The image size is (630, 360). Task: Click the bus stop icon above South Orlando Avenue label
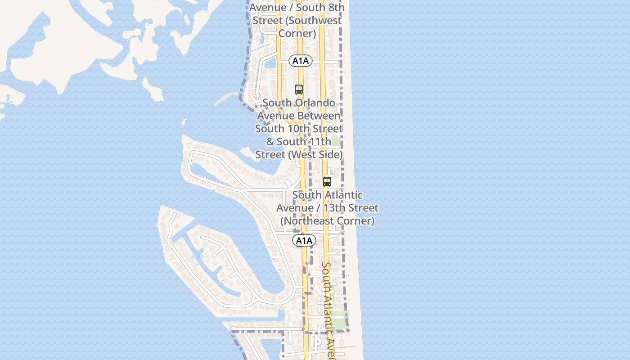click(299, 89)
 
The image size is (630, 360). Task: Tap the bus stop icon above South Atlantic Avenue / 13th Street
click(327, 182)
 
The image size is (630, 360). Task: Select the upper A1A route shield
click(301, 61)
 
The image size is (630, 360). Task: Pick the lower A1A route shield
click(304, 241)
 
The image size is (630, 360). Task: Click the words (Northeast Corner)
click(327, 221)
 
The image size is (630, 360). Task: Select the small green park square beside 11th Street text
click(336, 142)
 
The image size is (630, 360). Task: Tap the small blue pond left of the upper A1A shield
click(271, 64)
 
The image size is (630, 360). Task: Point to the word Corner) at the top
click(297, 33)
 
